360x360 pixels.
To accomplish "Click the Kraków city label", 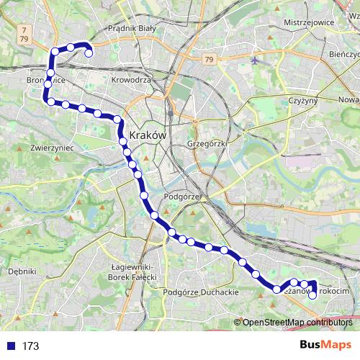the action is coord(148,135).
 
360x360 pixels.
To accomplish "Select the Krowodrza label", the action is coord(132,80).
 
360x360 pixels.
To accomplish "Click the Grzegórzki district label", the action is coord(207,143).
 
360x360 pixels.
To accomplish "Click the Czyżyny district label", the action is coord(302,101).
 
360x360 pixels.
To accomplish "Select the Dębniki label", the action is coord(21,271).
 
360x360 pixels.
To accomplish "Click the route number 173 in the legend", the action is coord(30,346).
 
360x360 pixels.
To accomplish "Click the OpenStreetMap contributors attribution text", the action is coord(296,323).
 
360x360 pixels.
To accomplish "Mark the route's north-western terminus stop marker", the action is coord(89,53).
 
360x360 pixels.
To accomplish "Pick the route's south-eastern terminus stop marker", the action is coord(312,294).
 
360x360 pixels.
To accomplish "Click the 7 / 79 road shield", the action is coord(25,34).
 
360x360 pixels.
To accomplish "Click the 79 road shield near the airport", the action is coord(209,58).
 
